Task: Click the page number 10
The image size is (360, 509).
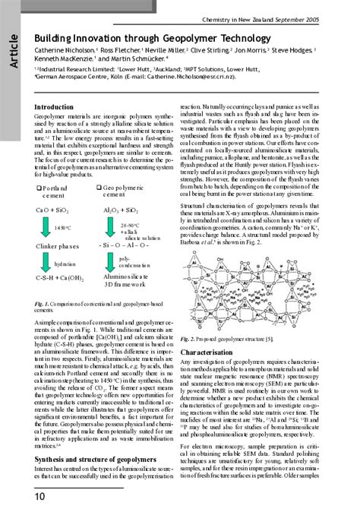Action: [x=17, y=495]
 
